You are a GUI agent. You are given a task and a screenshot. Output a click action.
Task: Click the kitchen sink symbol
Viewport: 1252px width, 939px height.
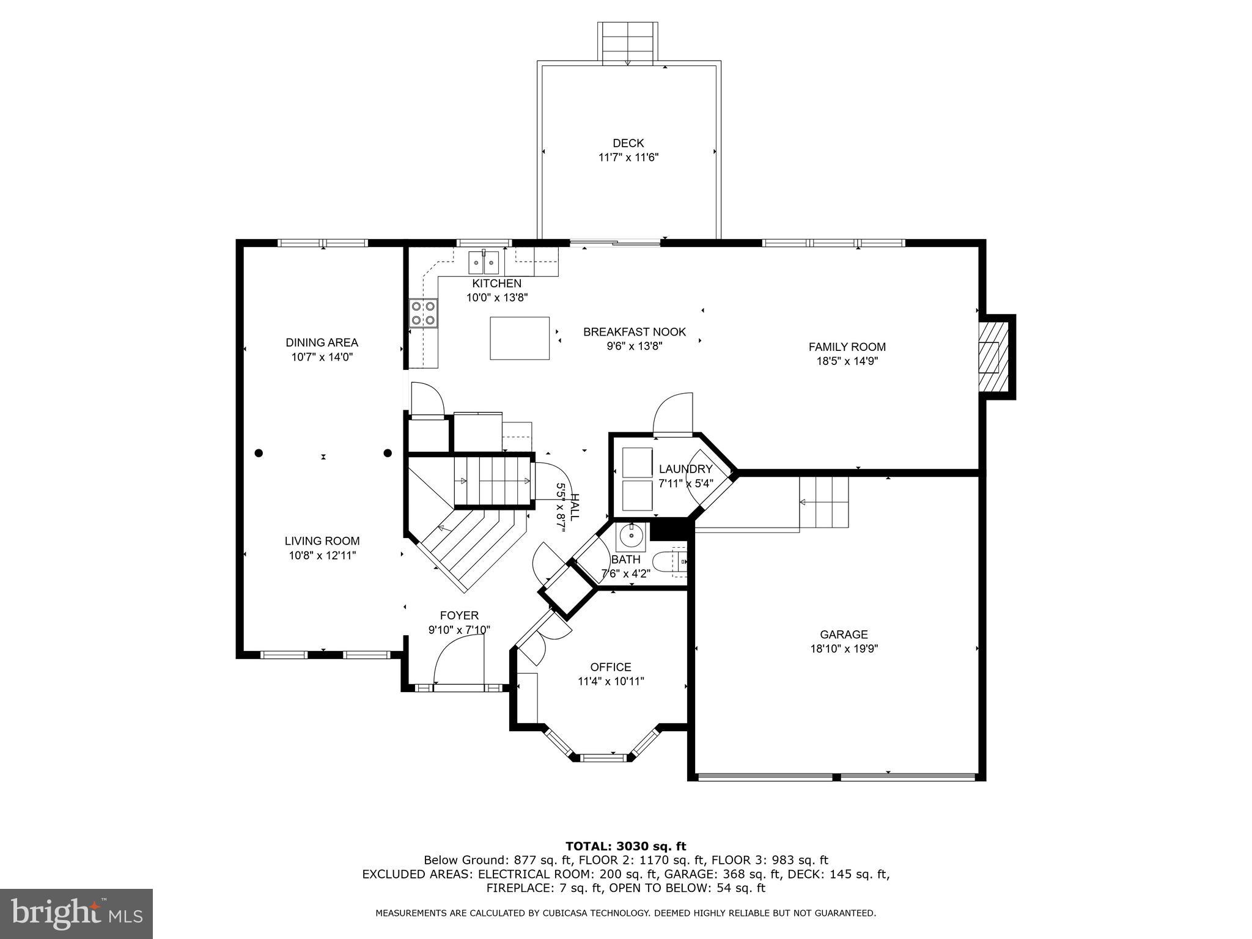484,263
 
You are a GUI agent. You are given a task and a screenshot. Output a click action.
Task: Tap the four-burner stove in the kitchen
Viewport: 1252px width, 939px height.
424,312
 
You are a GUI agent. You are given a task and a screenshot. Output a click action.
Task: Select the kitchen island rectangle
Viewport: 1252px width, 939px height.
519,338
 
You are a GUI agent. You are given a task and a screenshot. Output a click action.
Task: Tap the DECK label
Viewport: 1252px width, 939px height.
628,143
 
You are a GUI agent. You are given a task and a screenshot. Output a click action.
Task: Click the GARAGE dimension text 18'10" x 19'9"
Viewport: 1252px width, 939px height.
844,649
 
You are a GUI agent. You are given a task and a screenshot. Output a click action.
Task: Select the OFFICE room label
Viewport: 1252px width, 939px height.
610,667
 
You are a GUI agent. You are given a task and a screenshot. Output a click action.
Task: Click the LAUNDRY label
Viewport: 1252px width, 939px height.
685,469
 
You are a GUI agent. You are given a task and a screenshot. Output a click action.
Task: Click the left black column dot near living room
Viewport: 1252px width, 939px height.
259,453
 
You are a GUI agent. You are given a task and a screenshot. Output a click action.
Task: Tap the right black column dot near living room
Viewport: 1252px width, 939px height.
388,453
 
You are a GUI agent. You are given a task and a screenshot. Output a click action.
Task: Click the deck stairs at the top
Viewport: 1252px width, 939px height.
628,43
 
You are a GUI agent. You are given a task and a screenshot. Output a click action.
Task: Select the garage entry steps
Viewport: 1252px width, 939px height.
824,503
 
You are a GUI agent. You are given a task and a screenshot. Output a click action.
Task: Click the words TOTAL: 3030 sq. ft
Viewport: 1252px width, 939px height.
625,846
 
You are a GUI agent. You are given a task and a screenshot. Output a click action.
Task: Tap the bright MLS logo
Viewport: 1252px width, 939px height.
76,914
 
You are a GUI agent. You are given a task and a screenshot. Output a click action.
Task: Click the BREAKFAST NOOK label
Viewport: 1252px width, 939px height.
634,332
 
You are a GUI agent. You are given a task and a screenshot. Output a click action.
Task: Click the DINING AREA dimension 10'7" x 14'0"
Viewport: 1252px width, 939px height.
322,357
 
